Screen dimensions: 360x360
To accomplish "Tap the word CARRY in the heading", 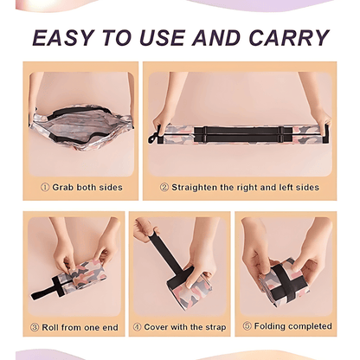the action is [289, 38].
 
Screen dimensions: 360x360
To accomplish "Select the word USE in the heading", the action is [162, 38].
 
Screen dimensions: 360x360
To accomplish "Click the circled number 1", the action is [45, 188].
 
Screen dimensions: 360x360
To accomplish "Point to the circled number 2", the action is [164, 188].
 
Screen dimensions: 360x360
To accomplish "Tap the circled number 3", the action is [35, 327].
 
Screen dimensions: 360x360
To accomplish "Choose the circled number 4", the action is [137, 327].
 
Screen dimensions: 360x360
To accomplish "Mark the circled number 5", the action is [247, 326].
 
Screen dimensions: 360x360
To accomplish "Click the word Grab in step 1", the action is [62, 188].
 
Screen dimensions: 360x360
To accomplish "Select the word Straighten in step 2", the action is [194, 188].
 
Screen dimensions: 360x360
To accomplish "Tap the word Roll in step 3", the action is [50, 327].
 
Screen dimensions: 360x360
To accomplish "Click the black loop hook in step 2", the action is [153, 137].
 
